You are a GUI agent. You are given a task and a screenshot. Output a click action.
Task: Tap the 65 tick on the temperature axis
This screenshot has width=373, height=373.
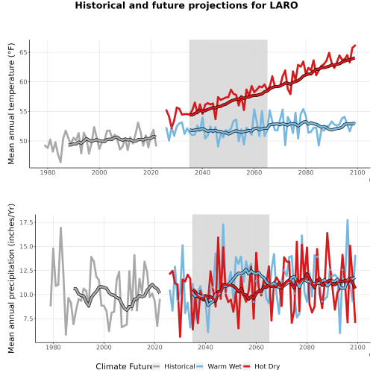click(24, 52)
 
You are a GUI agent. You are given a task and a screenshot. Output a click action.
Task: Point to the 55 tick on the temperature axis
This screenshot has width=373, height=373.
click(24, 112)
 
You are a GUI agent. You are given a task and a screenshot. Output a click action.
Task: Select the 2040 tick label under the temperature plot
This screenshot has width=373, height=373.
click(202, 172)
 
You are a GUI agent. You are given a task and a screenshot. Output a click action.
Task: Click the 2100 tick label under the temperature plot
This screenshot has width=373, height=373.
click(357, 172)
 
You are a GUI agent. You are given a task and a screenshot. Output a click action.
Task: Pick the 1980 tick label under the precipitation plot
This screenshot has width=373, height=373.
click(53, 347)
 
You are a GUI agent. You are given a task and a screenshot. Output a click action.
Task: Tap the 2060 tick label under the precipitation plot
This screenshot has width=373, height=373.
click(256, 347)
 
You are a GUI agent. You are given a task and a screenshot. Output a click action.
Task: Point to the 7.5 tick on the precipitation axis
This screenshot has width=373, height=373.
click(28, 319)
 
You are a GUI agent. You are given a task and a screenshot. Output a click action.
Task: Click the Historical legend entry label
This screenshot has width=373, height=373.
click(180, 366)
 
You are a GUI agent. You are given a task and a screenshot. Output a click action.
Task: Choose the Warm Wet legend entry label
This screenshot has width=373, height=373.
click(225, 366)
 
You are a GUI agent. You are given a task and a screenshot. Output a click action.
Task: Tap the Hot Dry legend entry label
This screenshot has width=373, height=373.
click(267, 366)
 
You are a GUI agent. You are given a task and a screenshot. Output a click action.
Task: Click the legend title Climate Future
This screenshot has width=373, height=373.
click(124, 366)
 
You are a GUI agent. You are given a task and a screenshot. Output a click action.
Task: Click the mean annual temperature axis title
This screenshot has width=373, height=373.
click(11, 104)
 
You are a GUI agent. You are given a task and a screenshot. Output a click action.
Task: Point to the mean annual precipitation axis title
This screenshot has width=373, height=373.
click(11, 278)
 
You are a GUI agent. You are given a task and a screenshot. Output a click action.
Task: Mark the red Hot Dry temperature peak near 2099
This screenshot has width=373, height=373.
click(355, 46)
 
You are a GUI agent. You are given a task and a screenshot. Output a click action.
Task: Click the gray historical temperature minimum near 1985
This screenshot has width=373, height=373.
click(60, 162)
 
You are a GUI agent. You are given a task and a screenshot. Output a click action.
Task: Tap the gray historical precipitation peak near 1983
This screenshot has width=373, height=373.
click(60, 228)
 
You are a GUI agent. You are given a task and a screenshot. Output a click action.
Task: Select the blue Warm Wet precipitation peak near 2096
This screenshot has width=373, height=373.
click(348, 220)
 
